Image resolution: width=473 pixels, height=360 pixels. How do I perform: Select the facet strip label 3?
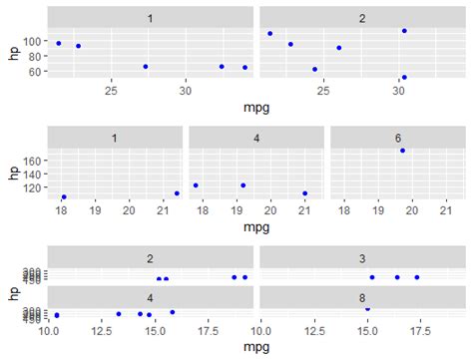361,259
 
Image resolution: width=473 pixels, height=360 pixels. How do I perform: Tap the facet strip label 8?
361,296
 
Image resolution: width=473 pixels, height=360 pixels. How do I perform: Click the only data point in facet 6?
402,151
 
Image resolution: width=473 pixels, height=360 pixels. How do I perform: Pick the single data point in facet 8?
367,308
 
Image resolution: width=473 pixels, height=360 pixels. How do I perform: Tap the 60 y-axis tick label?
36,72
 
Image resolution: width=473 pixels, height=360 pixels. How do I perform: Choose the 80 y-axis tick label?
36,57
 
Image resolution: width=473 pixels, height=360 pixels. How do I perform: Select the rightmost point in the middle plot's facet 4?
304,193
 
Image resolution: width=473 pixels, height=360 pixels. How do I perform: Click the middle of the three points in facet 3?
396,277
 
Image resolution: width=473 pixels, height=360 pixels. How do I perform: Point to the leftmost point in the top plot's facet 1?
59,43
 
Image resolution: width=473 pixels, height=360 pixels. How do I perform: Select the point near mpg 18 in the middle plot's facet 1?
64,197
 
